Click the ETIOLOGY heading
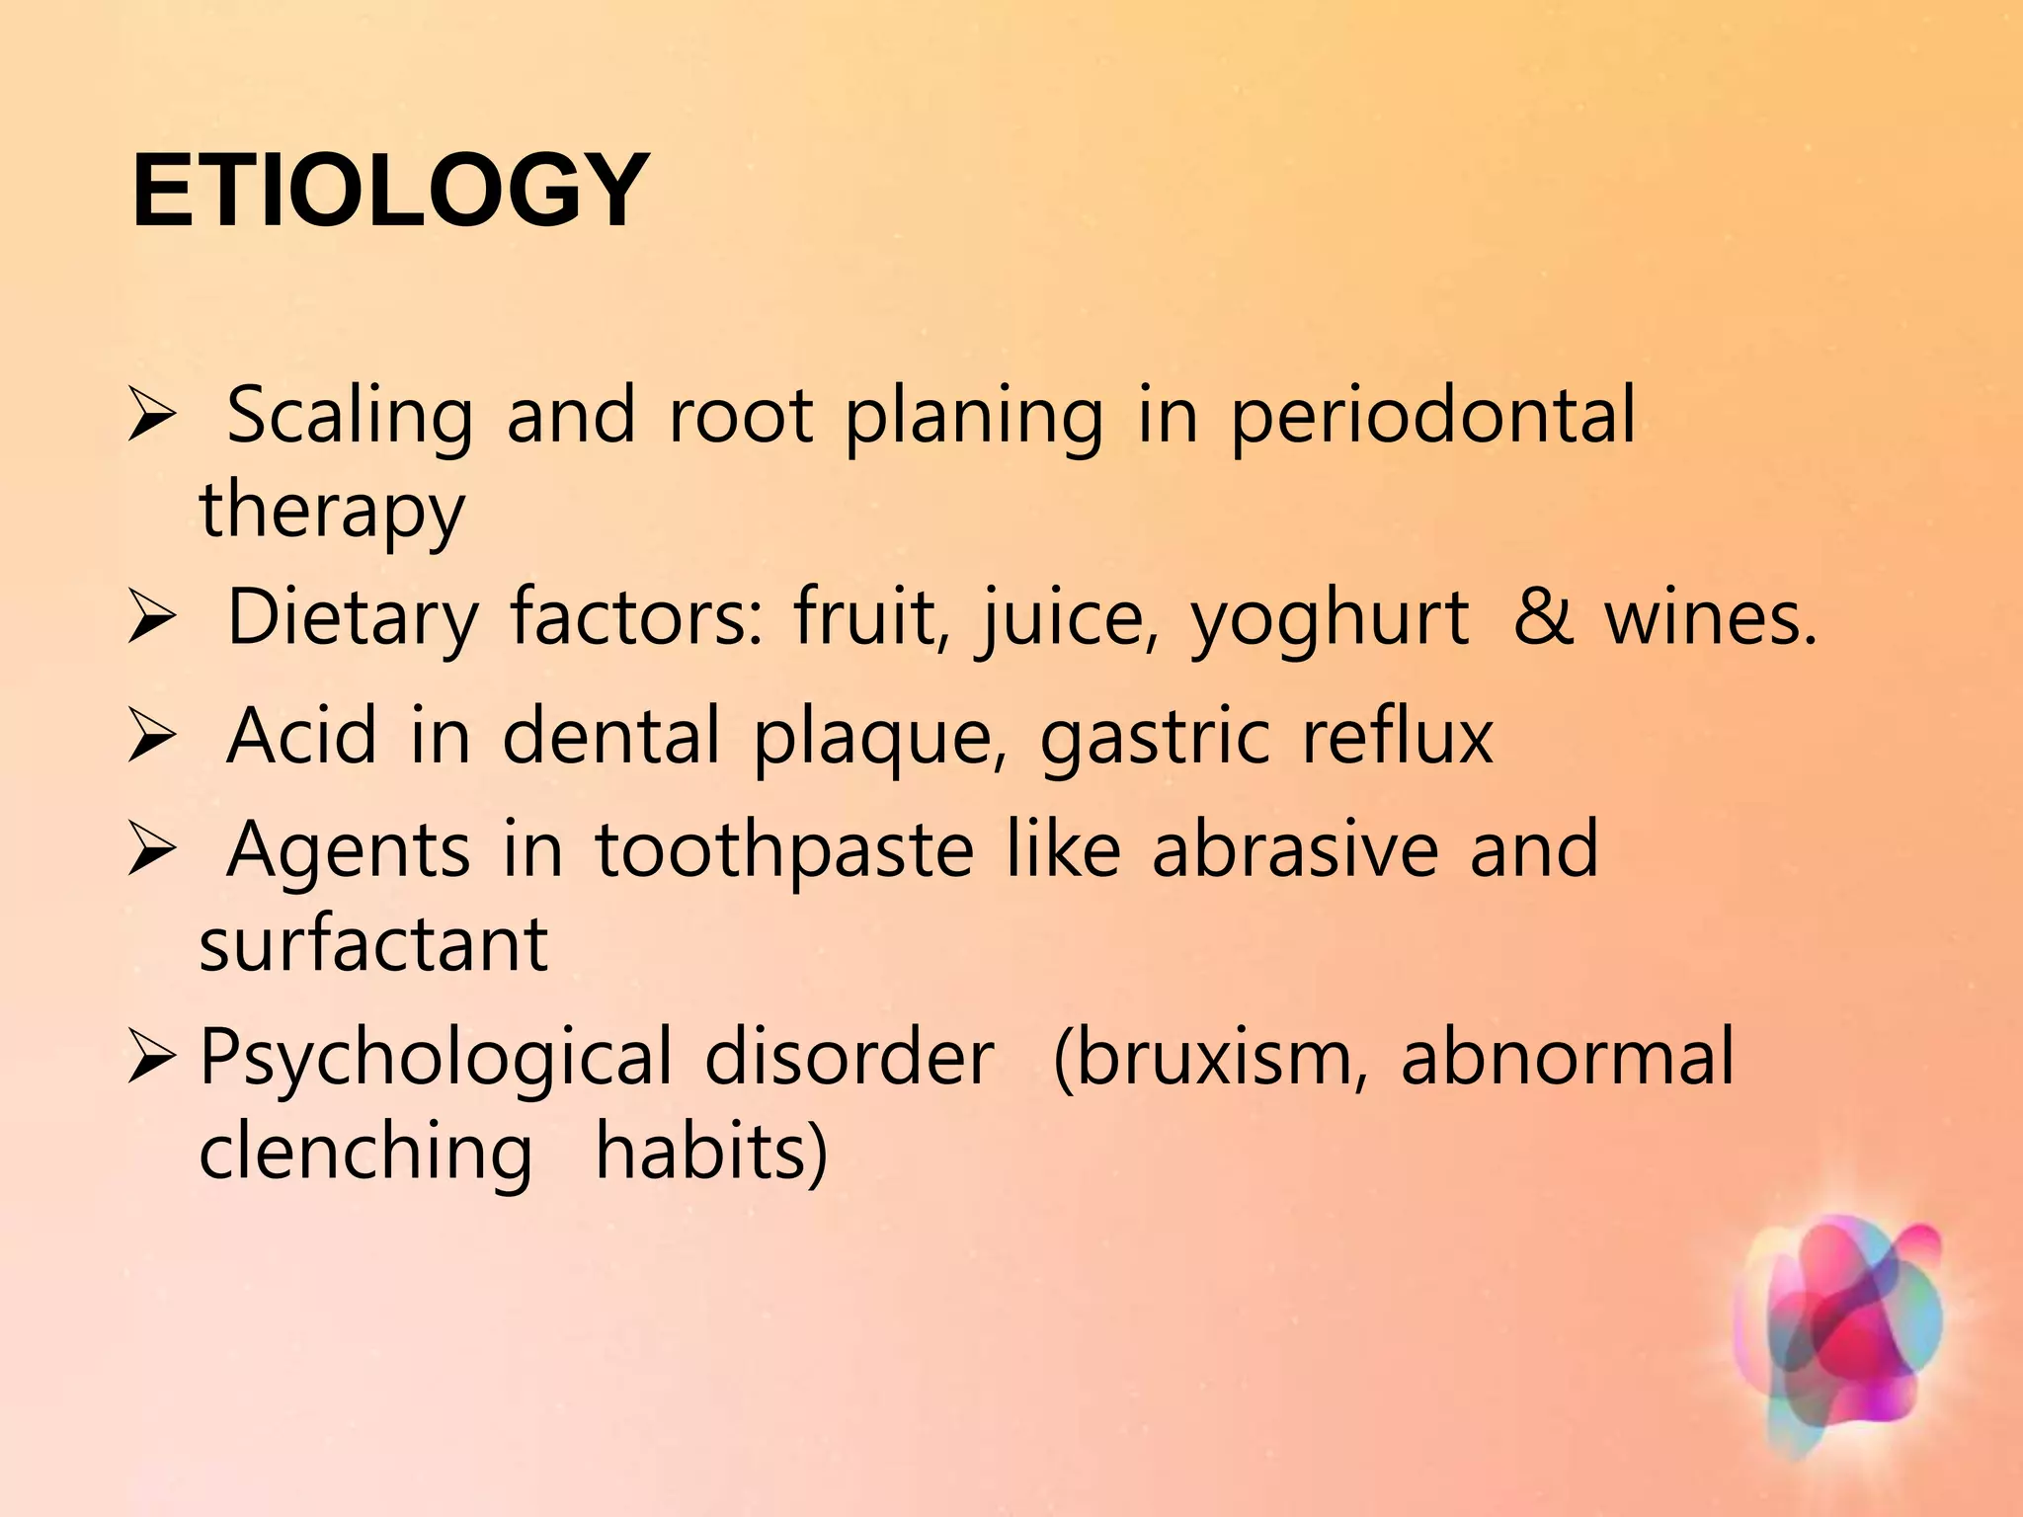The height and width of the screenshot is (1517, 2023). pos(390,191)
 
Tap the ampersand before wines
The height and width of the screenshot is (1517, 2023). pos(1543,618)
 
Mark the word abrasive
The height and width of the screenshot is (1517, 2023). pos(1294,849)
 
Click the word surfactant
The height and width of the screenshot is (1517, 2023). pos(373,944)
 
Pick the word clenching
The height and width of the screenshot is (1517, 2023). pos(365,1154)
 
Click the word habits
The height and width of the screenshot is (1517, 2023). pos(710,1154)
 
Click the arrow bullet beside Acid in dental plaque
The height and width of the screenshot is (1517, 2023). pos(152,739)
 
